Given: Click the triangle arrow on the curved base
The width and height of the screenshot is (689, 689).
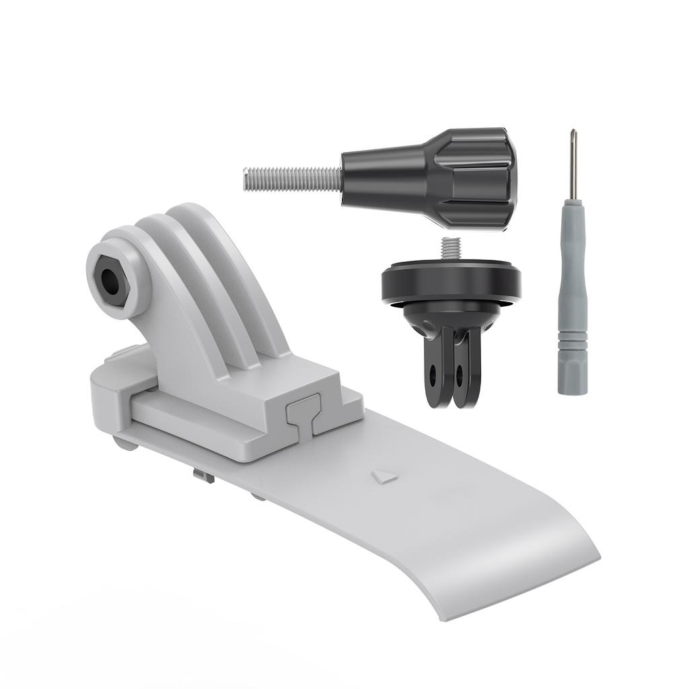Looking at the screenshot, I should pyautogui.click(x=384, y=477).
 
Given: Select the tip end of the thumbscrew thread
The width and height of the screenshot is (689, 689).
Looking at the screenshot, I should pyautogui.click(x=246, y=180).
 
